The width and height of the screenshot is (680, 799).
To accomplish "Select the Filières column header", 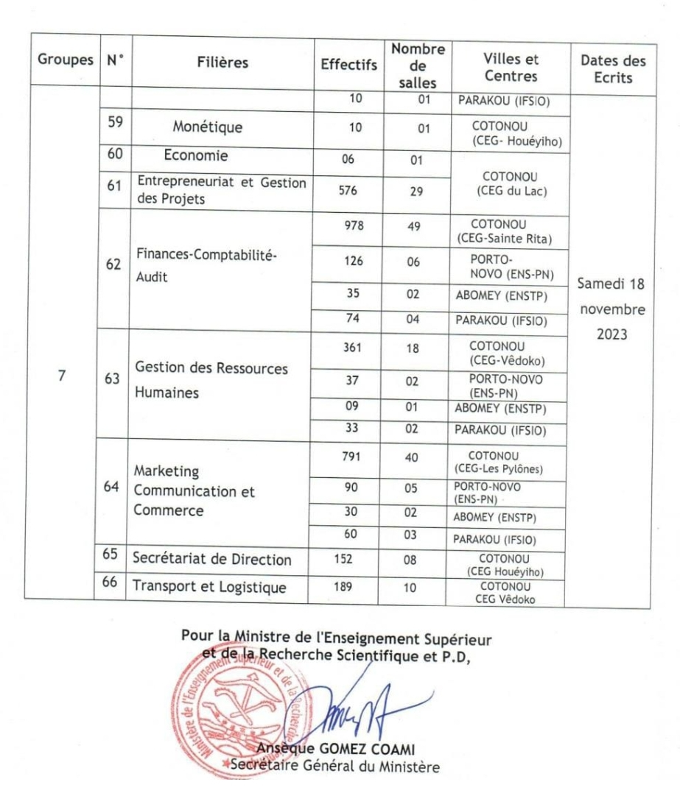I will (222, 63).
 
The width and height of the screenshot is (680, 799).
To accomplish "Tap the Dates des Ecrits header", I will (609, 63).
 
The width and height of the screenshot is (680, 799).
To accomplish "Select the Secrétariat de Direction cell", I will (211, 560).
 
